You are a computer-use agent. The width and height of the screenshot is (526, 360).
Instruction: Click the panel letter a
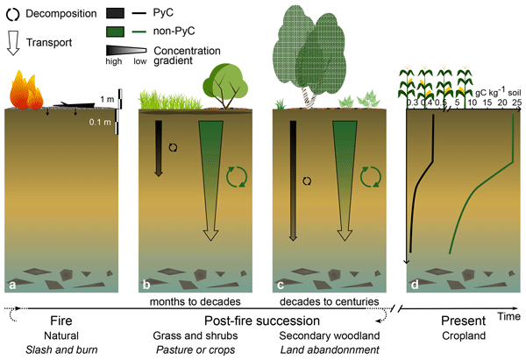[x=12, y=285]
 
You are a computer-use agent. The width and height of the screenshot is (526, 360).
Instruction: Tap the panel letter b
[x=146, y=285]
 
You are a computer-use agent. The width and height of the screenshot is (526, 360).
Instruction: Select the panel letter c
[x=281, y=285]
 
